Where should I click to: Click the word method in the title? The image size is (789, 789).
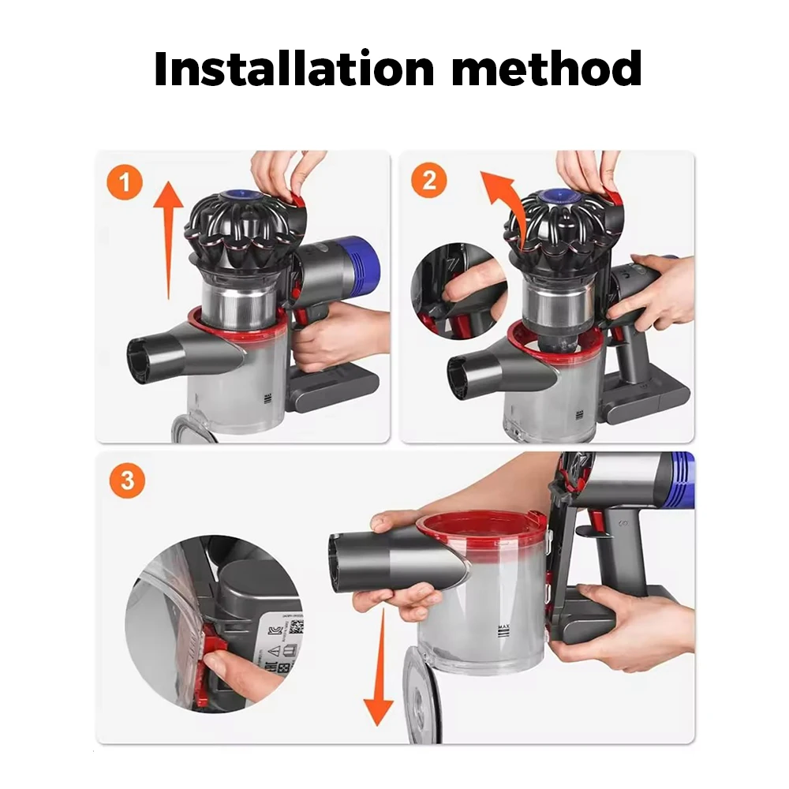coord(547,69)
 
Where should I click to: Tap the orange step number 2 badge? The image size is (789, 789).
coord(429,181)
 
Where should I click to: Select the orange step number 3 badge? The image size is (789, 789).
coord(127,481)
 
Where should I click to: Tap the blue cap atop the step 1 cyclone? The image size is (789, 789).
coord(236,195)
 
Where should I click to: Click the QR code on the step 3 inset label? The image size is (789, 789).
coord(297,627)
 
